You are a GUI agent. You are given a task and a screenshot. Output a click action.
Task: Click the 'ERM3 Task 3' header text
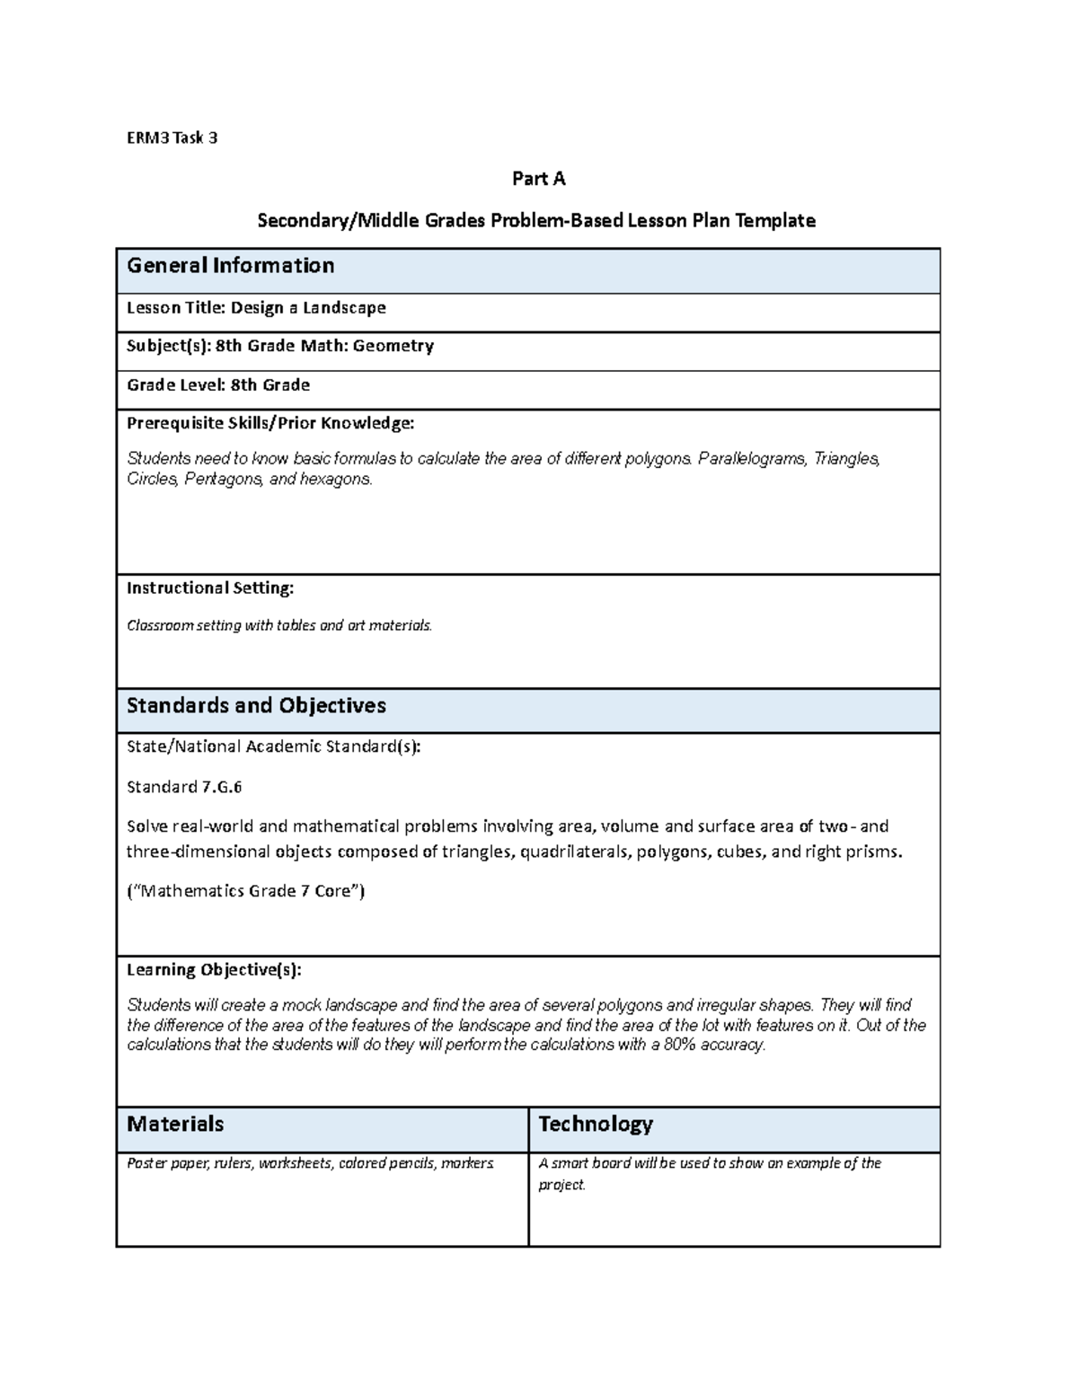coord(172,137)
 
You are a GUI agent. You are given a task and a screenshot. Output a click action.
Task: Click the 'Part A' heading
coord(538,179)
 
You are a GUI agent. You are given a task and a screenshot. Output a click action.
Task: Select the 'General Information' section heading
coord(230,266)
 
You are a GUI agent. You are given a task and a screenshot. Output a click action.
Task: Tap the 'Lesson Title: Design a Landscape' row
coord(256,308)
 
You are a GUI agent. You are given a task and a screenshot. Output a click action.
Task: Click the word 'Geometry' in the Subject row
coord(393,346)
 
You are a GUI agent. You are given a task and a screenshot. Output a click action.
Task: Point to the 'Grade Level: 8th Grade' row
coord(218,385)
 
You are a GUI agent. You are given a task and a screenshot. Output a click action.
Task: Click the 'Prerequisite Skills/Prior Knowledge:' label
coord(270,423)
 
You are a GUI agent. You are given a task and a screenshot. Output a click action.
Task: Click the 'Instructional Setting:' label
coord(210,588)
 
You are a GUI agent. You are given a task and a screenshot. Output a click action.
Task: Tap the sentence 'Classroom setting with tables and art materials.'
coord(279,625)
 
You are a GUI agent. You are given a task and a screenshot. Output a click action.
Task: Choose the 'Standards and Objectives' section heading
coord(256,706)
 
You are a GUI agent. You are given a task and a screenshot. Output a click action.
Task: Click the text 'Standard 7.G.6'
coord(184,788)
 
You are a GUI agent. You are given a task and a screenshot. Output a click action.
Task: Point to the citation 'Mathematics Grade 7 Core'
coord(245,892)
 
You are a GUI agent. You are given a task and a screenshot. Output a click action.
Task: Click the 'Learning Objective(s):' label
coord(214,970)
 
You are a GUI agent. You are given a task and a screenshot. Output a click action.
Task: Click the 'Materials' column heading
coord(175,1125)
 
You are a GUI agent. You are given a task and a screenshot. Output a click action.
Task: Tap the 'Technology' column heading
coord(595,1125)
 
